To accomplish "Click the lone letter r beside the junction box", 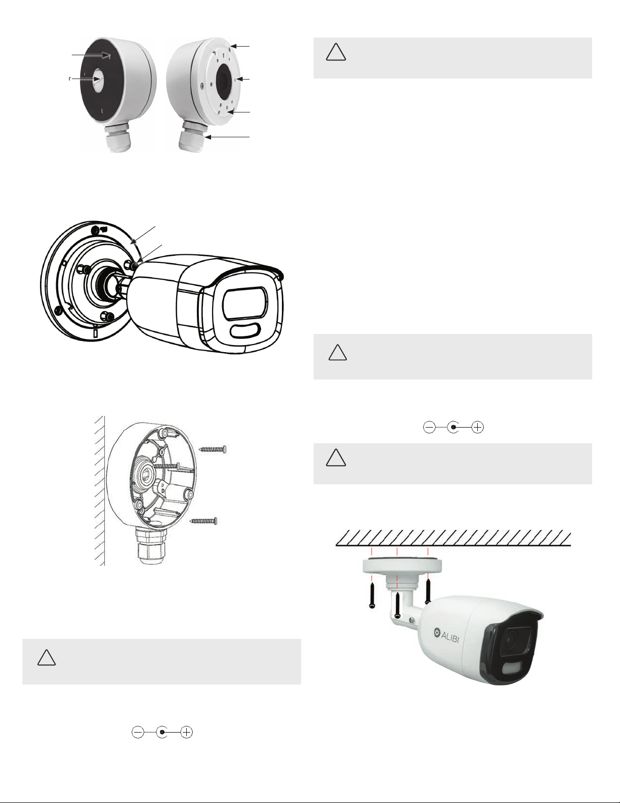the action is click(70, 79).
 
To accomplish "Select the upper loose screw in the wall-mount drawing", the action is click(213, 449).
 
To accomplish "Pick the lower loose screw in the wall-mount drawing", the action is click(203, 520).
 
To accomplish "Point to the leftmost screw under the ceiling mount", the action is click(372, 595).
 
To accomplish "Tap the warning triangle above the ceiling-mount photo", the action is click(336, 457).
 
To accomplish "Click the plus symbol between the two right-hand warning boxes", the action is click(478, 428).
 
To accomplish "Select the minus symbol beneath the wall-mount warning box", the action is click(138, 732).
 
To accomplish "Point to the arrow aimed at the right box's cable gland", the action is click(228, 137).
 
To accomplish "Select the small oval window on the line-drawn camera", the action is click(244, 331).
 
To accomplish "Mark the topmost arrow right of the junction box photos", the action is click(239, 46).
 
